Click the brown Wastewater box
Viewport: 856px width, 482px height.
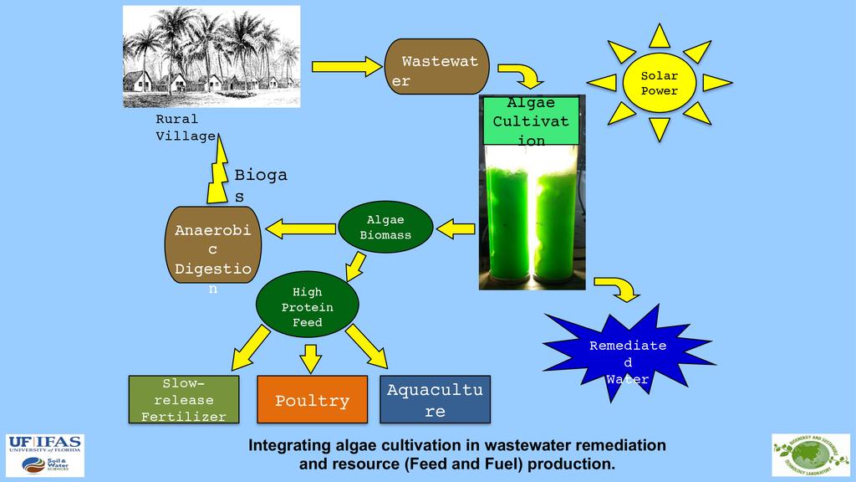[x=436, y=66]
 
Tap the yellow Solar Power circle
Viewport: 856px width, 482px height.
[x=659, y=83]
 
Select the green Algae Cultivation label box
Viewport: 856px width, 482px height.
[x=530, y=120]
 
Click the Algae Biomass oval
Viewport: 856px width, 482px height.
[x=385, y=227]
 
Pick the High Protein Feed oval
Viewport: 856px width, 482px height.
[x=307, y=307]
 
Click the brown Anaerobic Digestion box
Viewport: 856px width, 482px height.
[x=212, y=244]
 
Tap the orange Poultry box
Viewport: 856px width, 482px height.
[x=312, y=400]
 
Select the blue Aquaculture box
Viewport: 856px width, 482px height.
[x=435, y=400]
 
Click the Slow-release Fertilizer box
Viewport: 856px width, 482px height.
[x=183, y=400]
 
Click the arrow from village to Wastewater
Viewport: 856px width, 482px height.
[x=345, y=66]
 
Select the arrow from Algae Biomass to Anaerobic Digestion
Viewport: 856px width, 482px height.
[x=300, y=227]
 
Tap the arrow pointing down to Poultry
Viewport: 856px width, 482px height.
[x=310, y=358]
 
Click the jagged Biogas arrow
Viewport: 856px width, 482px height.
[x=218, y=172]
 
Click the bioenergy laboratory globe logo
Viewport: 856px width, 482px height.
[x=810, y=455]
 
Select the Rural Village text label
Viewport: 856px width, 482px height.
[x=186, y=127]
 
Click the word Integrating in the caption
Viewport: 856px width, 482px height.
[x=288, y=444]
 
